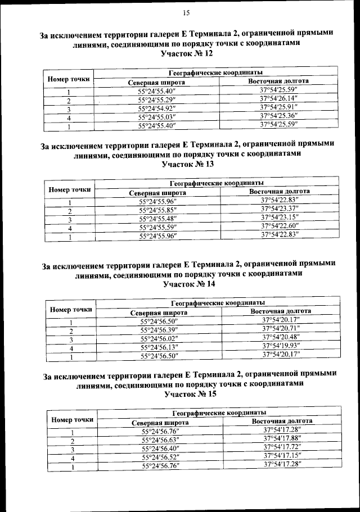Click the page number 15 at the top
tap(187, 13)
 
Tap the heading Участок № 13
tap(188, 165)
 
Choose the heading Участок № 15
tap(190, 395)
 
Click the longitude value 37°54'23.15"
tap(280, 218)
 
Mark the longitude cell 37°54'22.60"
tap(280, 226)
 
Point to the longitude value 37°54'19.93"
tap(281, 346)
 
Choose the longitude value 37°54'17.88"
tap(282, 438)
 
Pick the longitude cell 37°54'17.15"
tap(282, 455)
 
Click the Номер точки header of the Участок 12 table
tap(69, 79)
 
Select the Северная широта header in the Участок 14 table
tap(159, 313)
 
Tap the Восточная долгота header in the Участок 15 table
tap(282, 420)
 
